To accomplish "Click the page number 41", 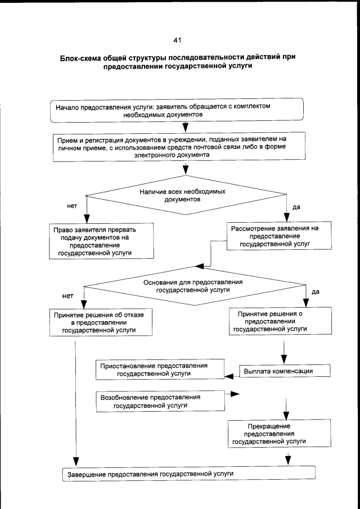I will (x=177, y=40).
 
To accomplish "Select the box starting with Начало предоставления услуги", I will (x=177, y=110).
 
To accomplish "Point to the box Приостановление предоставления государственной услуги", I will (x=158, y=369).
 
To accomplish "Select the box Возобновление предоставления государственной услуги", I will (x=158, y=401).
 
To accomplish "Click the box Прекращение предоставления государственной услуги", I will (x=269, y=434).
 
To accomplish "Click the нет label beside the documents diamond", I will (x=71, y=206).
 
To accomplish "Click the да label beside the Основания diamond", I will (x=315, y=292).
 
